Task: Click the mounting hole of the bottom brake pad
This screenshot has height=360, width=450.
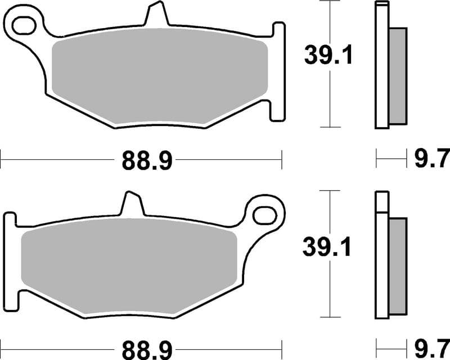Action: pyautogui.click(x=263, y=215)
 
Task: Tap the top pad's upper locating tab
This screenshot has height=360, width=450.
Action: pyautogui.click(x=157, y=14)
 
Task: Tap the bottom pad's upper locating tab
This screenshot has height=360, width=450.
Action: pyautogui.click(x=133, y=204)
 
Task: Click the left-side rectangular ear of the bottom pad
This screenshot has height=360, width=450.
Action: pyautogui.click(x=11, y=259)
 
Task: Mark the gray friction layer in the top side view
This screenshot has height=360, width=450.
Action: pyautogui.click(x=397, y=75)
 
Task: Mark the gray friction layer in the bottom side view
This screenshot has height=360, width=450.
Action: pyautogui.click(x=397, y=264)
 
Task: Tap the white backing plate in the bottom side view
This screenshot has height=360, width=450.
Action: pyautogui.click(x=381, y=264)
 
